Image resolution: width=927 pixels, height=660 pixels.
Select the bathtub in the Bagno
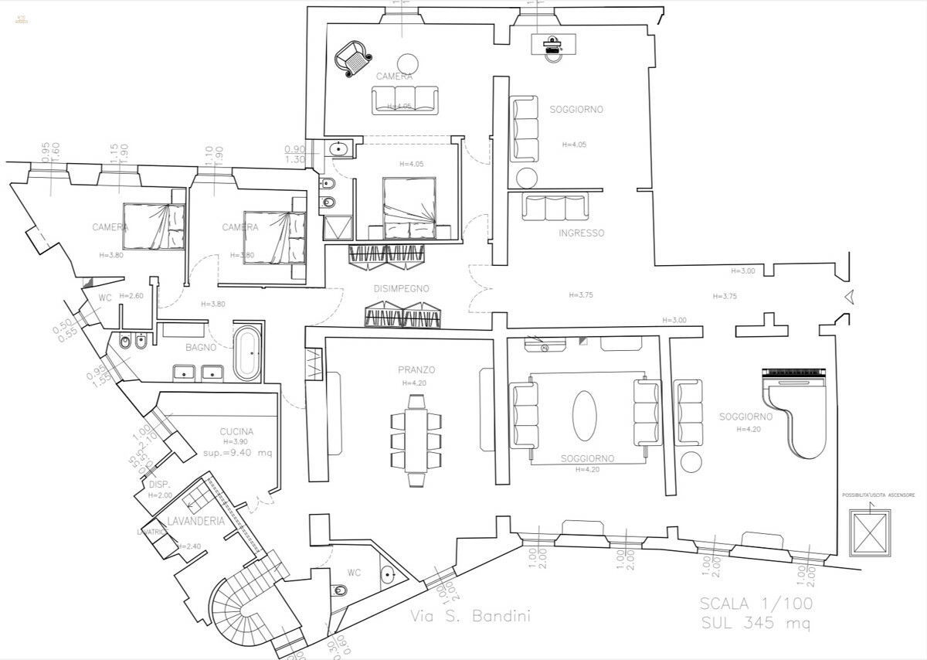248,353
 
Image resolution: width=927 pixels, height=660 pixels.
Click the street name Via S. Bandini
470,617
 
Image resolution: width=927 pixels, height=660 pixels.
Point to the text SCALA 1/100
756,604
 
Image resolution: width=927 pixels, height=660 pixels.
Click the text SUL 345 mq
756,622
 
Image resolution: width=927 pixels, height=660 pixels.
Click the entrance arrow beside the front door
848,296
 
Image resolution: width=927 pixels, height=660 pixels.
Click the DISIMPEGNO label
400,288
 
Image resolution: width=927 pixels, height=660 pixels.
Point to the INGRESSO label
581,233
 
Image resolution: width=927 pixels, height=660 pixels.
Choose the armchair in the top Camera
353,57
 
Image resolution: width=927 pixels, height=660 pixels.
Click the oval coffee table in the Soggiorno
584,415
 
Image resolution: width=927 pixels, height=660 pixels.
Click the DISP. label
160,485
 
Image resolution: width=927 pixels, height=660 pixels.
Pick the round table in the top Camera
408,63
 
